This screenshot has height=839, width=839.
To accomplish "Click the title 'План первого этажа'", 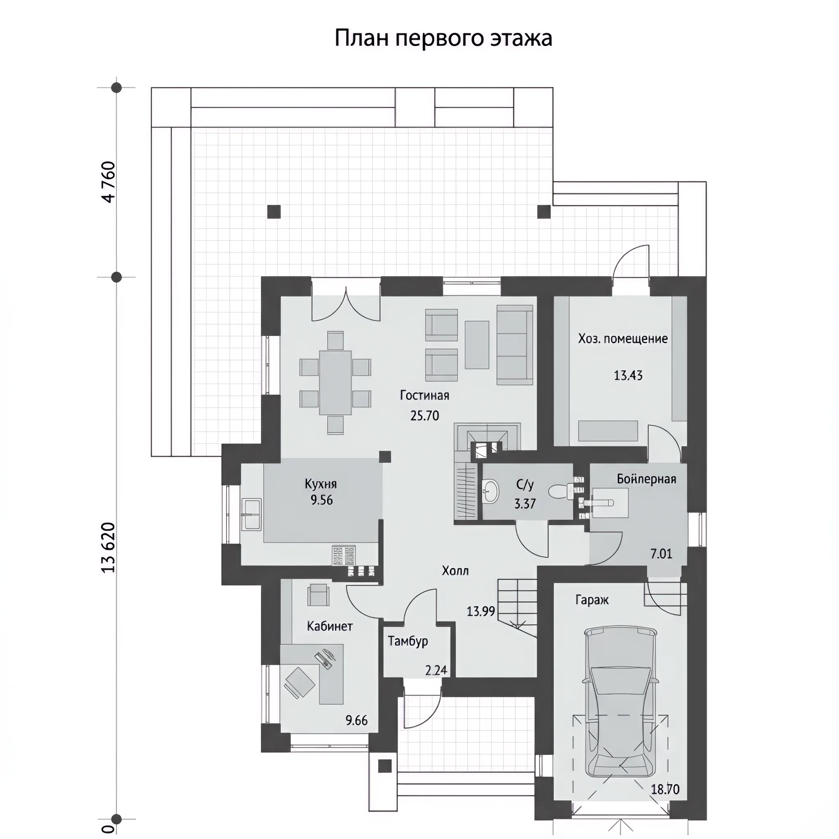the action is (x=443, y=39).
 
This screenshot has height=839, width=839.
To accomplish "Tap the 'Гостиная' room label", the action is (x=424, y=395).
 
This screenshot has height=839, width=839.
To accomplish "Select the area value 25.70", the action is (x=425, y=415).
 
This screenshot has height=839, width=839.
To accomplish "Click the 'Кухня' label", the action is (x=320, y=484).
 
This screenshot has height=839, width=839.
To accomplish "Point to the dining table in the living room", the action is (x=335, y=383).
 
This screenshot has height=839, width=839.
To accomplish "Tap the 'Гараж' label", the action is (x=592, y=600).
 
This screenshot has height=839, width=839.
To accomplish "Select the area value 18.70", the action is (x=665, y=789).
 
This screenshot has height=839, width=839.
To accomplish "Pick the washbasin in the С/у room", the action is (x=491, y=491).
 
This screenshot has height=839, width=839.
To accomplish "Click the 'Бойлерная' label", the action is (x=646, y=479).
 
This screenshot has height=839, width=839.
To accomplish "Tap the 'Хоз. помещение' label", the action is (x=623, y=339).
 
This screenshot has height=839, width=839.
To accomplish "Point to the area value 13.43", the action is (x=628, y=375).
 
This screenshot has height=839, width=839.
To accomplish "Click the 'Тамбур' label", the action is (x=408, y=641).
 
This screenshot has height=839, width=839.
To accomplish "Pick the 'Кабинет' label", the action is (x=330, y=626).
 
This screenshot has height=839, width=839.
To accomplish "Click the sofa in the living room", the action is (x=515, y=345).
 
